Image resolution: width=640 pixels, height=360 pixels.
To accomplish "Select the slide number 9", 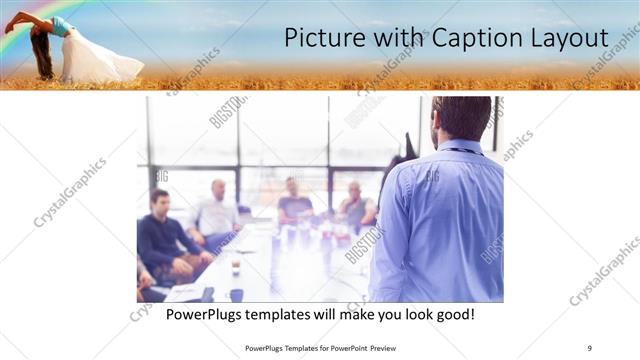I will pos(590,348).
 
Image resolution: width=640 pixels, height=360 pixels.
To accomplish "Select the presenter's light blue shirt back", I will pos(440,220).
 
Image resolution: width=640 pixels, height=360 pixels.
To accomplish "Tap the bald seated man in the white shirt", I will pos(217,210).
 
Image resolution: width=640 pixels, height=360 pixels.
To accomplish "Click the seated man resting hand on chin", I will pos(355,205).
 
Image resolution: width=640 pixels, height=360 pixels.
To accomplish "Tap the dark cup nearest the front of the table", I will pos(236,294).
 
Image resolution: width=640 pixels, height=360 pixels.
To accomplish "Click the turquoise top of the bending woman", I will pos(60,27).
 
